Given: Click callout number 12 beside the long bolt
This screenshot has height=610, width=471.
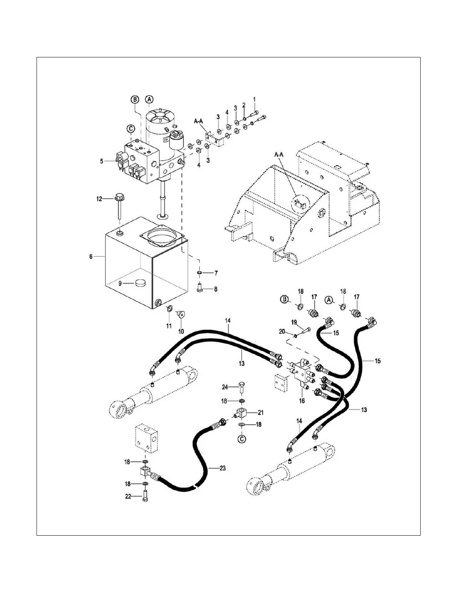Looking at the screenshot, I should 99,199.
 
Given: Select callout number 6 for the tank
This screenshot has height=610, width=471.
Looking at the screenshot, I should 91,256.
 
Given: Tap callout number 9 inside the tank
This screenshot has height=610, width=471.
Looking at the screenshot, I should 120,283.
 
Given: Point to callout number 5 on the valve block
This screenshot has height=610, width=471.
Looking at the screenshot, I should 102,161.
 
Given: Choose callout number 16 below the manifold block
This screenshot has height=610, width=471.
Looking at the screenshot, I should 302,401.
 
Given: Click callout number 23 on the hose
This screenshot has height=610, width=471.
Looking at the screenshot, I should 222,468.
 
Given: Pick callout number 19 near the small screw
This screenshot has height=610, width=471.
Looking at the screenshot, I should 294,323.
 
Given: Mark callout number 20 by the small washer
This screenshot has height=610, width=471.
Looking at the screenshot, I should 282,331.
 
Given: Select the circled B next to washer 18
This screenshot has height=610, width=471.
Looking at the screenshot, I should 285,299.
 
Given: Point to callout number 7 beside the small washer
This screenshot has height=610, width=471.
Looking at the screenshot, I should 216,273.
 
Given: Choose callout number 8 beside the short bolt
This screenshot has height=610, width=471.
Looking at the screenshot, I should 215,288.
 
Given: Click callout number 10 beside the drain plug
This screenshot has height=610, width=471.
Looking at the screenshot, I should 180,331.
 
